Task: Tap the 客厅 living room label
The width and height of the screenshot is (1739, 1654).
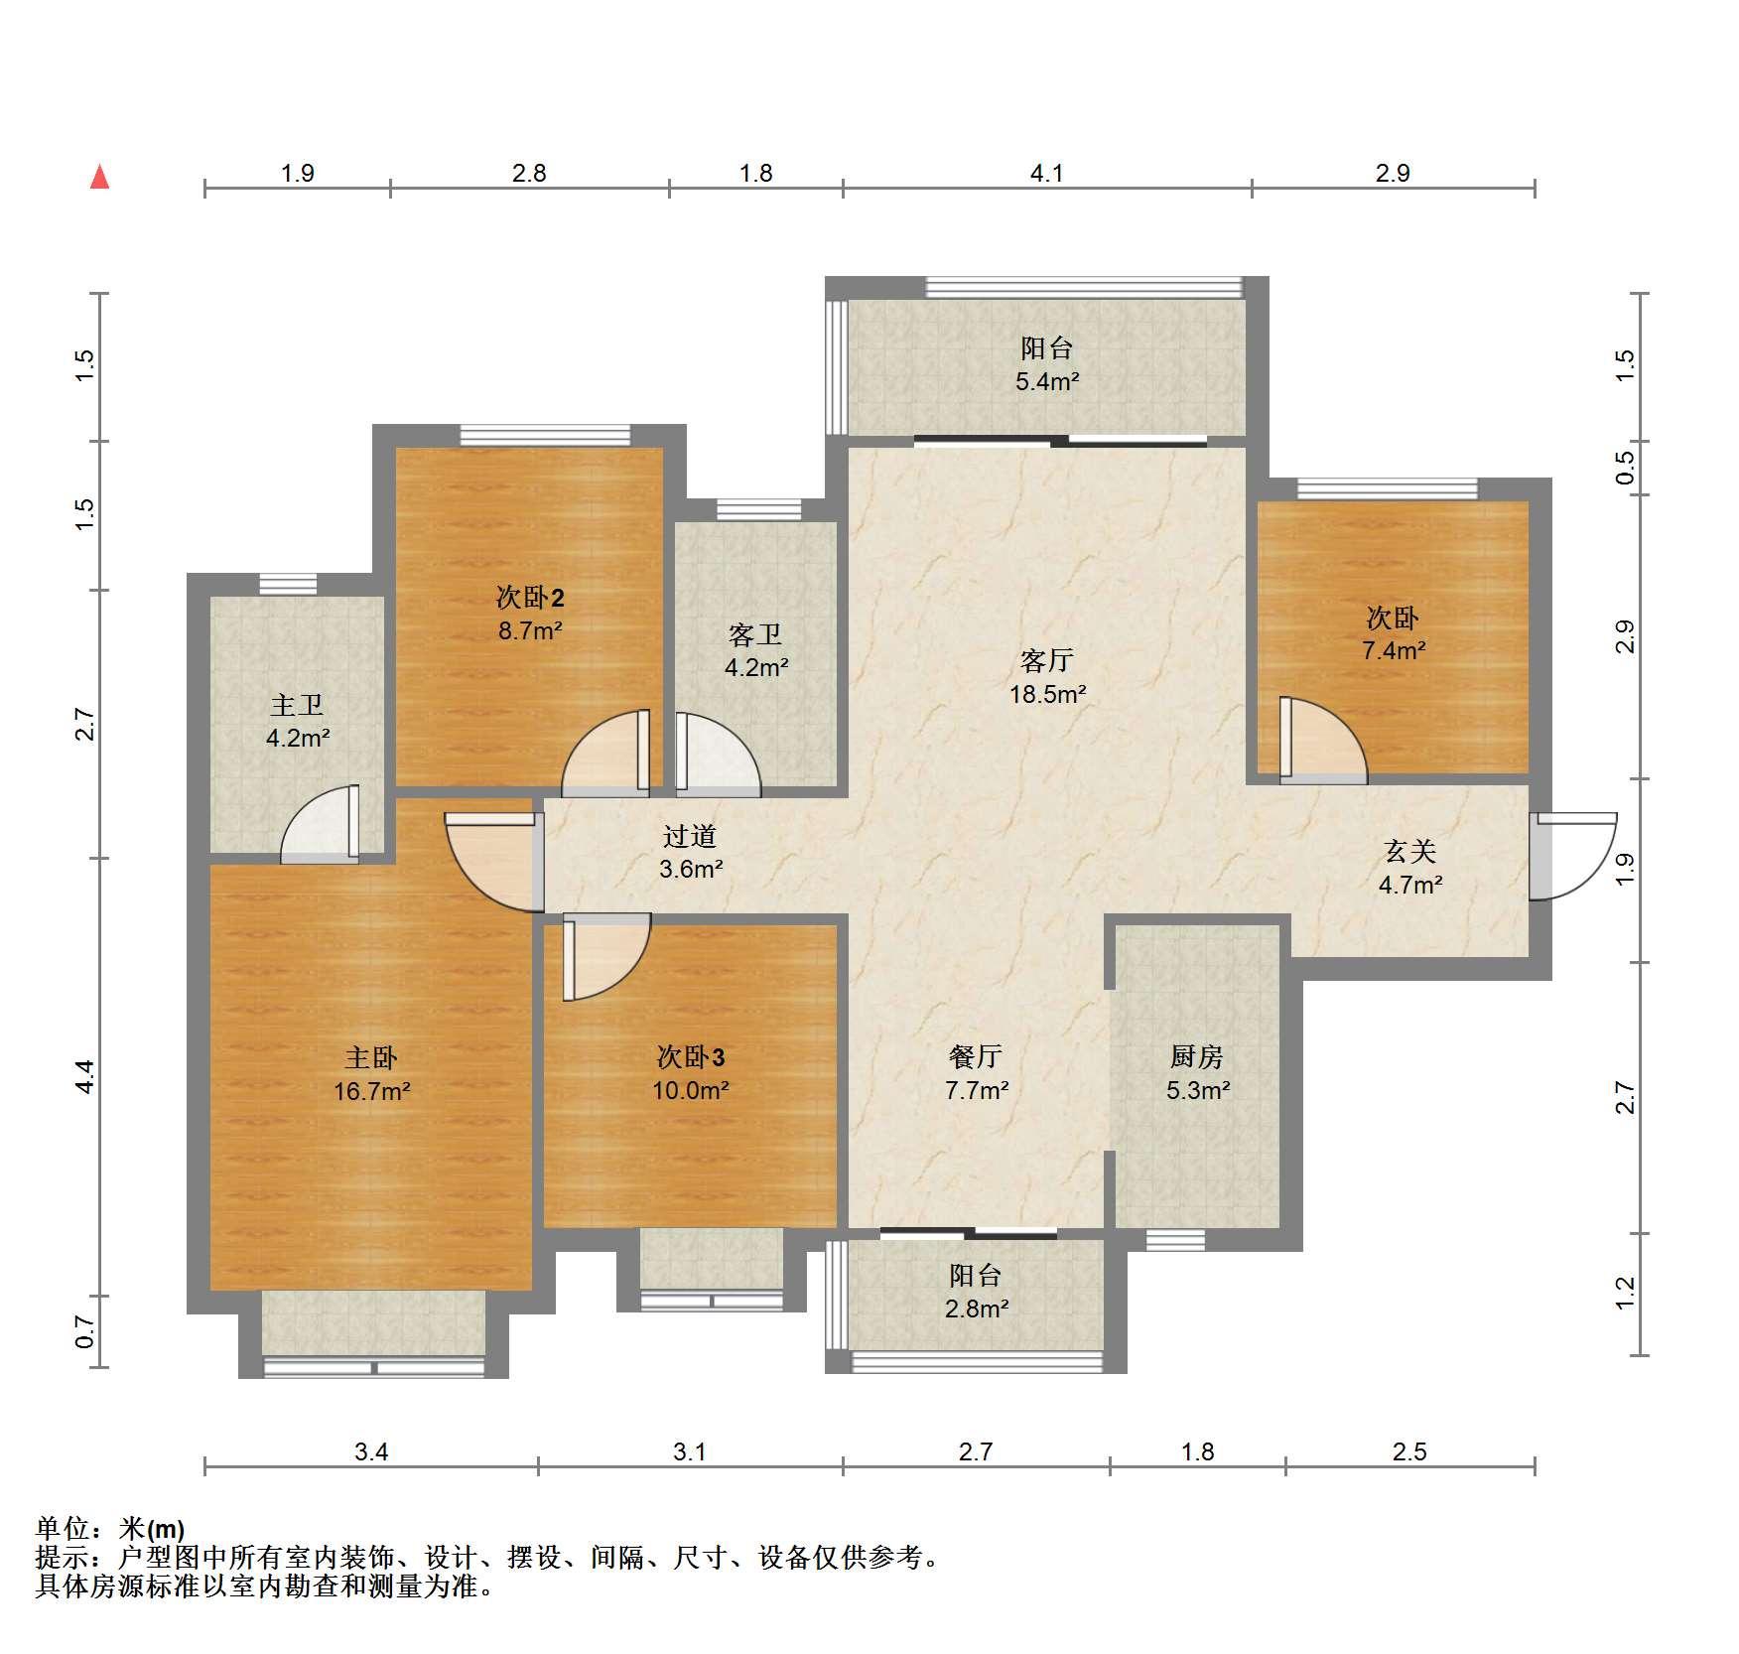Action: [x=1047, y=660]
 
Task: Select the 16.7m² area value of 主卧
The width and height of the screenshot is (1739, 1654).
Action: [x=372, y=1091]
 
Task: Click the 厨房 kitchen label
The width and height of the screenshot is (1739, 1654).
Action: [x=1197, y=1057]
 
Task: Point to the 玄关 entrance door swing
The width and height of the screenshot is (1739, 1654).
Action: [x=1571, y=857]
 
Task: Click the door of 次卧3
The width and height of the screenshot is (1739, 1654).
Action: [x=606, y=957]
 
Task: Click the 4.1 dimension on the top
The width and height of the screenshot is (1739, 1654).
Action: [x=1046, y=174]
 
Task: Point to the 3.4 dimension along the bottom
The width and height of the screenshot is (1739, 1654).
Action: [x=371, y=1451]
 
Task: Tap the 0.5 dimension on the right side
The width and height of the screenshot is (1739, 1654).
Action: [x=1625, y=468]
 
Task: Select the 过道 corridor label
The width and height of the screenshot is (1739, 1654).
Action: [x=690, y=837]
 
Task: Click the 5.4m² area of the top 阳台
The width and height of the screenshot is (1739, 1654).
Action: [x=1047, y=381]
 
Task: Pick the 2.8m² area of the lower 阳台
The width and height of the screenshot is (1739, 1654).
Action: [x=977, y=1309]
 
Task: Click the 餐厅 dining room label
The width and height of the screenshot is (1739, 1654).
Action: [x=976, y=1057]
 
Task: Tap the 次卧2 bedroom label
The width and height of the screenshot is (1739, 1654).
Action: [x=530, y=598]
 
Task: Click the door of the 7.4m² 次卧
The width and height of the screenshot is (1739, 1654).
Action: [x=1323, y=740]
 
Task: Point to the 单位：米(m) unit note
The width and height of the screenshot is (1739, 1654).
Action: [x=110, y=1528]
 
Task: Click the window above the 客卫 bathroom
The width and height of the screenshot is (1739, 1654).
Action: [x=758, y=509]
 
